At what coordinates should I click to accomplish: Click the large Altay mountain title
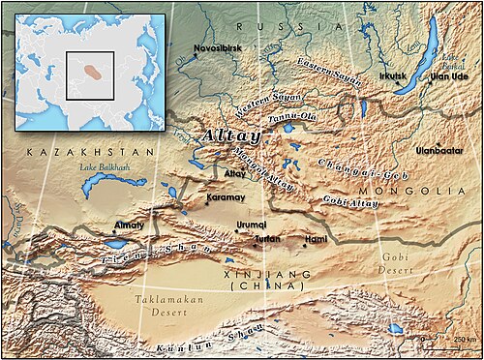coord(227,137)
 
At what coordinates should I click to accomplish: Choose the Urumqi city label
coord(251,224)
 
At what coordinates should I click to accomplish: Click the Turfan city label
coord(267,238)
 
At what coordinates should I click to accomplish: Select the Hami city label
coord(317,238)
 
